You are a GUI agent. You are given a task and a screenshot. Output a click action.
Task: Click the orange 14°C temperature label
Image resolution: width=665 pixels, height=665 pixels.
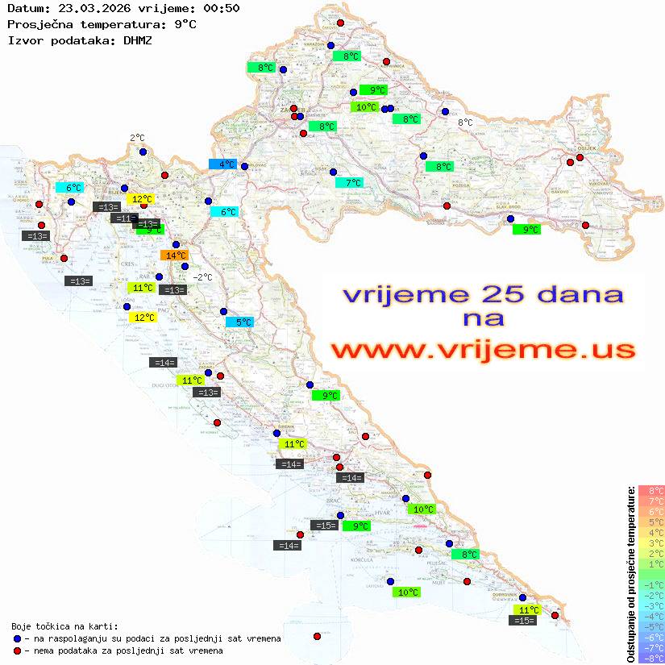point(175,256)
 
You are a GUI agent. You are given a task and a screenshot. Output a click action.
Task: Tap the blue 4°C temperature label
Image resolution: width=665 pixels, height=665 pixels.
point(222,164)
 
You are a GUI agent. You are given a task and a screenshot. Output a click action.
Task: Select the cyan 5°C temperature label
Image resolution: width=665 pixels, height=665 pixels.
point(239,322)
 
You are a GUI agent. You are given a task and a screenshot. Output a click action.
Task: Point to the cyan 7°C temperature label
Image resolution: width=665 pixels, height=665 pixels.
point(349,183)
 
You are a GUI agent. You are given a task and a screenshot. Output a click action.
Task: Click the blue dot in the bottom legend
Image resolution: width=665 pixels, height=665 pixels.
point(17,638)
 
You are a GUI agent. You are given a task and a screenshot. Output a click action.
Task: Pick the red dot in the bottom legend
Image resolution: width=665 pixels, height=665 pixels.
point(17,650)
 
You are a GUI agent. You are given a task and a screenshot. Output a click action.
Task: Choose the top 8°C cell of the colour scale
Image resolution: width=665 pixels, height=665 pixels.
point(651,490)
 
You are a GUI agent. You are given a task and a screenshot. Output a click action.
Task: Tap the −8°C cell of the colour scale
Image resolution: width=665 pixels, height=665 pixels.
point(651,658)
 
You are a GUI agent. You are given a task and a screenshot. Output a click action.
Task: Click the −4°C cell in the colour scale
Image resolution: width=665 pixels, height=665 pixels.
point(651,616)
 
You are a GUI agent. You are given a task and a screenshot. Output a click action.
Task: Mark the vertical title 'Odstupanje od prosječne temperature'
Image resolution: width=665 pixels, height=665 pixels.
point(630,574)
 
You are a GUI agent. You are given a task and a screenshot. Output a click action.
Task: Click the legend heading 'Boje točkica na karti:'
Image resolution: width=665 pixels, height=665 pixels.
point(64,626)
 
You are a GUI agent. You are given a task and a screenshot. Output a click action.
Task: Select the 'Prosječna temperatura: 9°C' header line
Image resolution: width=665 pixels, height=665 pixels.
point(102,24)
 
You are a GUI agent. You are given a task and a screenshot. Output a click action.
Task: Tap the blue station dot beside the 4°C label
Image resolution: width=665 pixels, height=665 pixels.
point(244,166)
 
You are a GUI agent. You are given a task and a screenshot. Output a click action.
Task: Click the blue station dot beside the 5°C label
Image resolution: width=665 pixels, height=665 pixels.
point(224,311)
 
